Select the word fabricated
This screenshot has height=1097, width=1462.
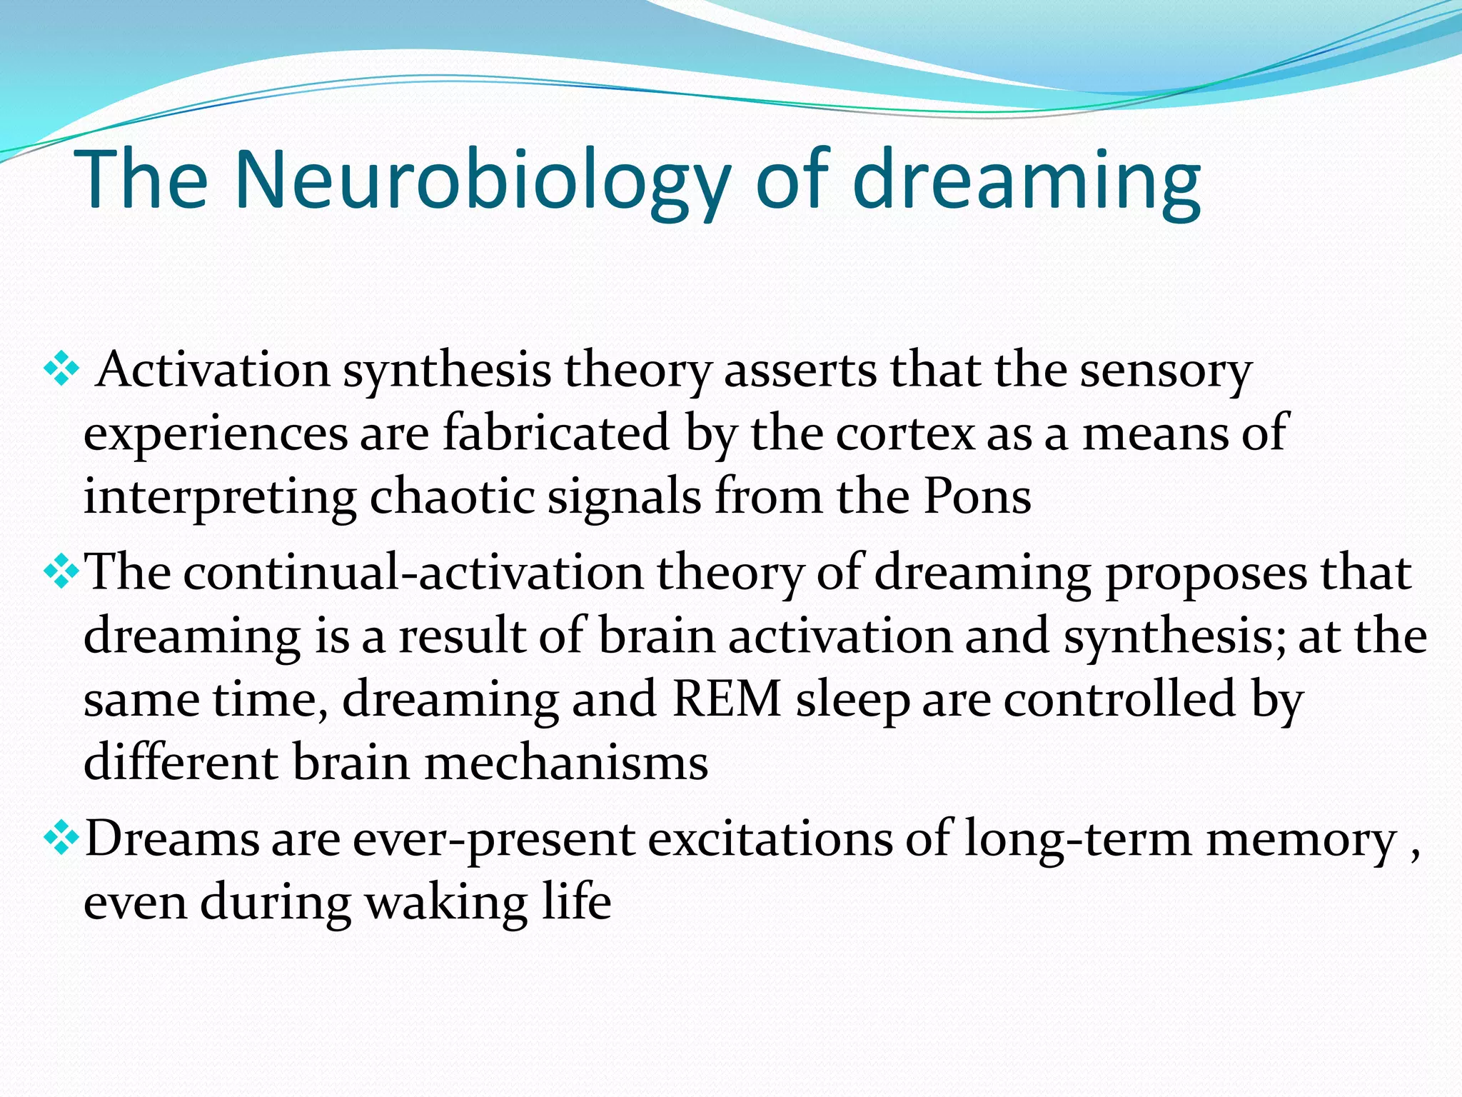click(x=556, y=433)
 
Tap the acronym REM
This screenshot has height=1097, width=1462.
click(x=727, y=699)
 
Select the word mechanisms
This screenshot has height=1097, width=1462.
click(x=566, y=763)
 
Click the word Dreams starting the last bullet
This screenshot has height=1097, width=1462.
click(x=171, y=839)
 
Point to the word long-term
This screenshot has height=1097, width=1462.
click(x=1078, y=839)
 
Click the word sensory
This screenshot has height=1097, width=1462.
click(x=1166, y=370)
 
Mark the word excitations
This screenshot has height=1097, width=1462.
click(x=770, y=839)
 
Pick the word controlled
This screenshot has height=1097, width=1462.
click(x=1120, y=699)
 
